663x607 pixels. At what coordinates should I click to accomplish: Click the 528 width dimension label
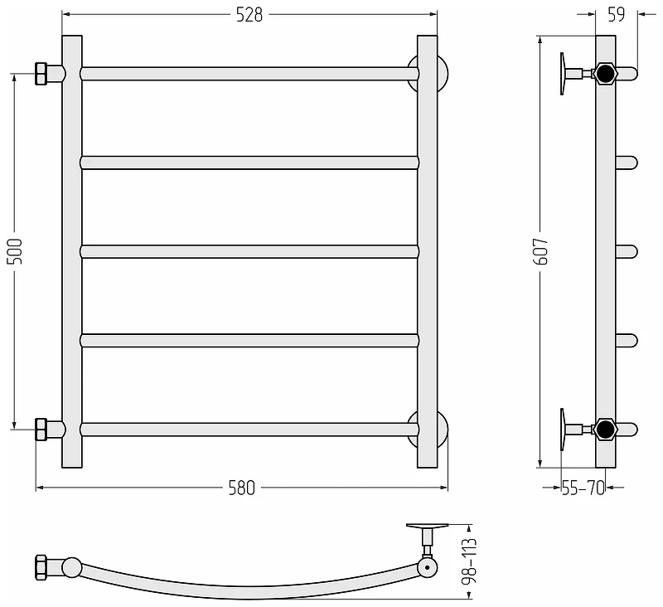249,15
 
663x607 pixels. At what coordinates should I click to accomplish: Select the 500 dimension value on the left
15,251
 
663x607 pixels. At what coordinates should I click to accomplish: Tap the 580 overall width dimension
242,488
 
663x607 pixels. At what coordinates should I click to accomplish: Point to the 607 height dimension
541,251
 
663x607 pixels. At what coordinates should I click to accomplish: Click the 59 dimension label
616,15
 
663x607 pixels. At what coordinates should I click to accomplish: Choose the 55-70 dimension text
583,488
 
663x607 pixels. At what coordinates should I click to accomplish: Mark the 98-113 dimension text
469,561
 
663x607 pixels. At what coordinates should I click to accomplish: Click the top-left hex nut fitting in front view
41,74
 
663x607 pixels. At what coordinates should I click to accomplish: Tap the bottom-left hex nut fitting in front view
41,430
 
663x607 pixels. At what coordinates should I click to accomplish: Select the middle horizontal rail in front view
249,252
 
